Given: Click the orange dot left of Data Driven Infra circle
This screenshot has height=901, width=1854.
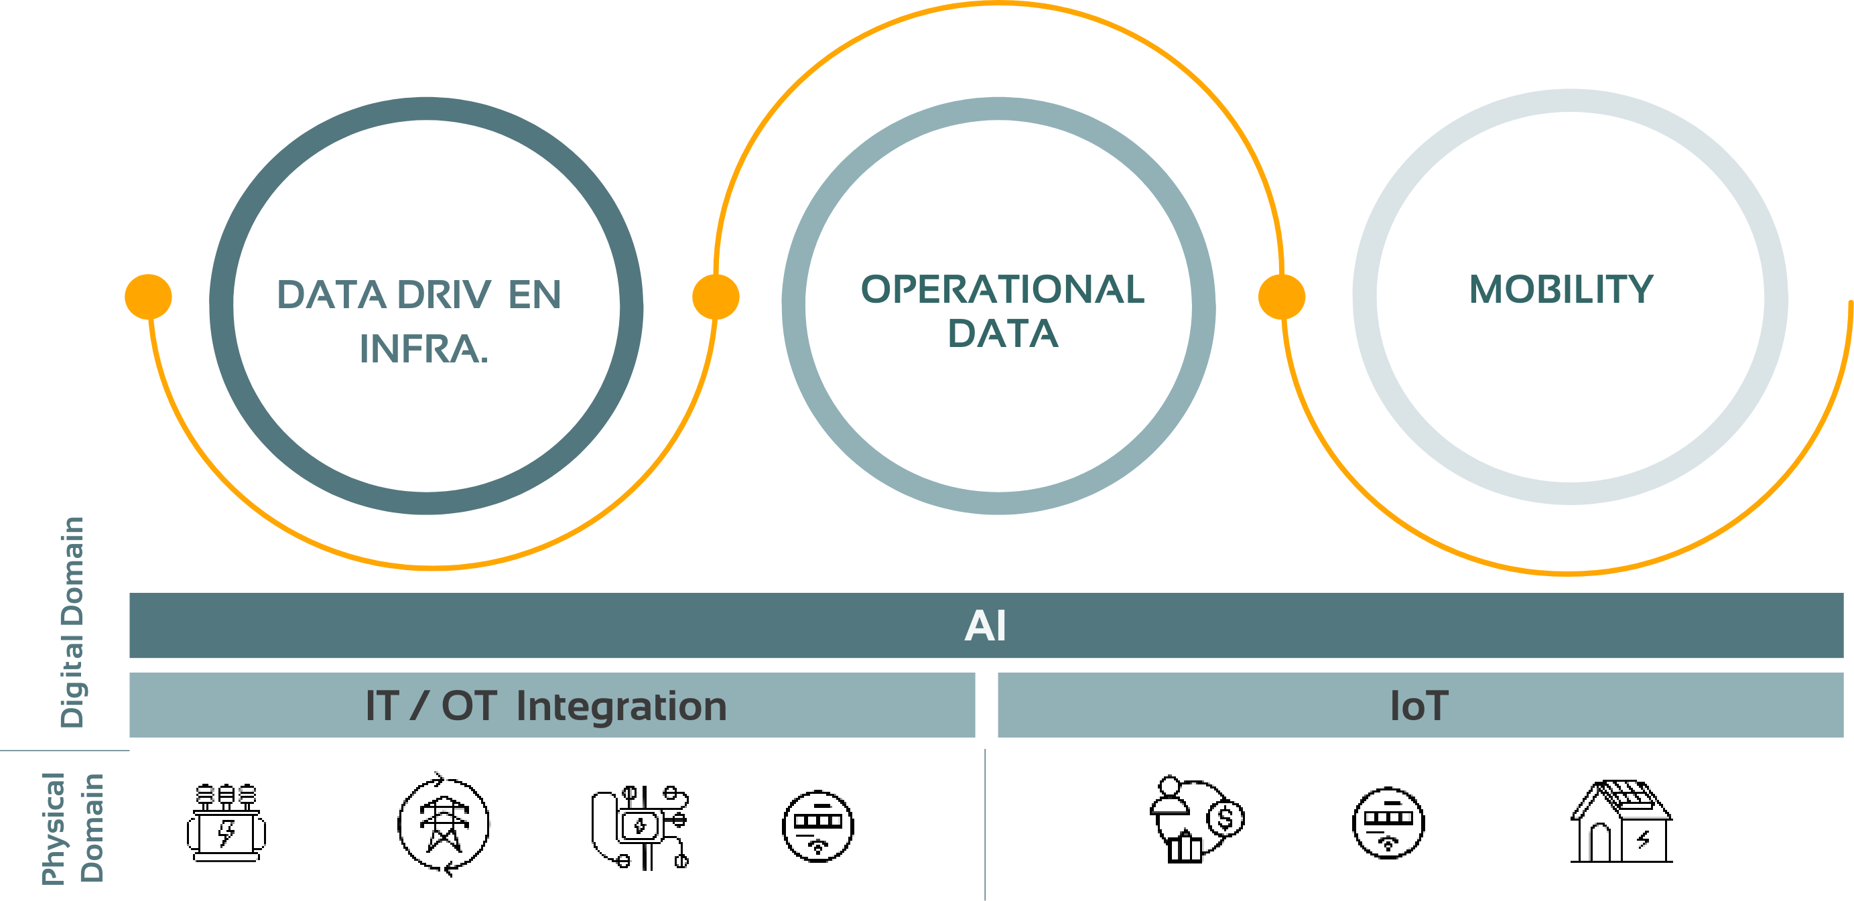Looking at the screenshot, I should pyautogui.click(x=148, y=297).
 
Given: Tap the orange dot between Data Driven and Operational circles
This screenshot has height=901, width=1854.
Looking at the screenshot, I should pyautogui.click(x=716, y=297).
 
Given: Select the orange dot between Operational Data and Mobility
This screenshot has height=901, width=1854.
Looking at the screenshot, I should pyautogui.click(x=1282, y=297).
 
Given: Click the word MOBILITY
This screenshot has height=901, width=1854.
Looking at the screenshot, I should pyautogui.click(x=1561, y=290).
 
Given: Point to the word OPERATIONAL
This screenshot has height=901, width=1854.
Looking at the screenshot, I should pyautogui.click(x=1002, y=290).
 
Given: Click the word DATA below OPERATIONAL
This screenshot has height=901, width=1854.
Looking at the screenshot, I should pyautogui.click(x=1002, y=334).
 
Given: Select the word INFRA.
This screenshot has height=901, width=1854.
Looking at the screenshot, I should pyautogui.click(x=423, y=350).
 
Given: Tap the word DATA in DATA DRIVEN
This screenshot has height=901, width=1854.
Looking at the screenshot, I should pyautogui.click(x=332, y=295).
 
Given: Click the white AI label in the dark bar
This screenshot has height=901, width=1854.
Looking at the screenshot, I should pyautogui.click(x=986, y=626).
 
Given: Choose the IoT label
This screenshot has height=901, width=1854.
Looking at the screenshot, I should pyautogui.click(x=1419, y=706).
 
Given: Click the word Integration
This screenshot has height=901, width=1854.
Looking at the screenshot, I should pyautogui.click(x=622, y=706).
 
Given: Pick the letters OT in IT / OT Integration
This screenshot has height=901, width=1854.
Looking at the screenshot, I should pyautogui.click(x=469, y=706).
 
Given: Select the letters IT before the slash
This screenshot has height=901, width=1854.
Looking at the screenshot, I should pyautogui.click(x=381, y=706).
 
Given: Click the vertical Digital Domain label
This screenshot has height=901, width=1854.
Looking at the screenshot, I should pyautogui.click(x=72, y=622).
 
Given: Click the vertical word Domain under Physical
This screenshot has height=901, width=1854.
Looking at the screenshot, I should pyautogui.click(x=92, y=827).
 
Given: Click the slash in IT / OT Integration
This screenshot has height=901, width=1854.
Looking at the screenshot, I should pyautogui.click(x=418, y=706).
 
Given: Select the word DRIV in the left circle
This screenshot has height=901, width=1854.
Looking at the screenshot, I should pyautogui.click(x=445, y=295).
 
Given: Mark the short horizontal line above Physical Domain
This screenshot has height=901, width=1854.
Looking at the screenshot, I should pyautogui.click(x=65, y=750).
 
